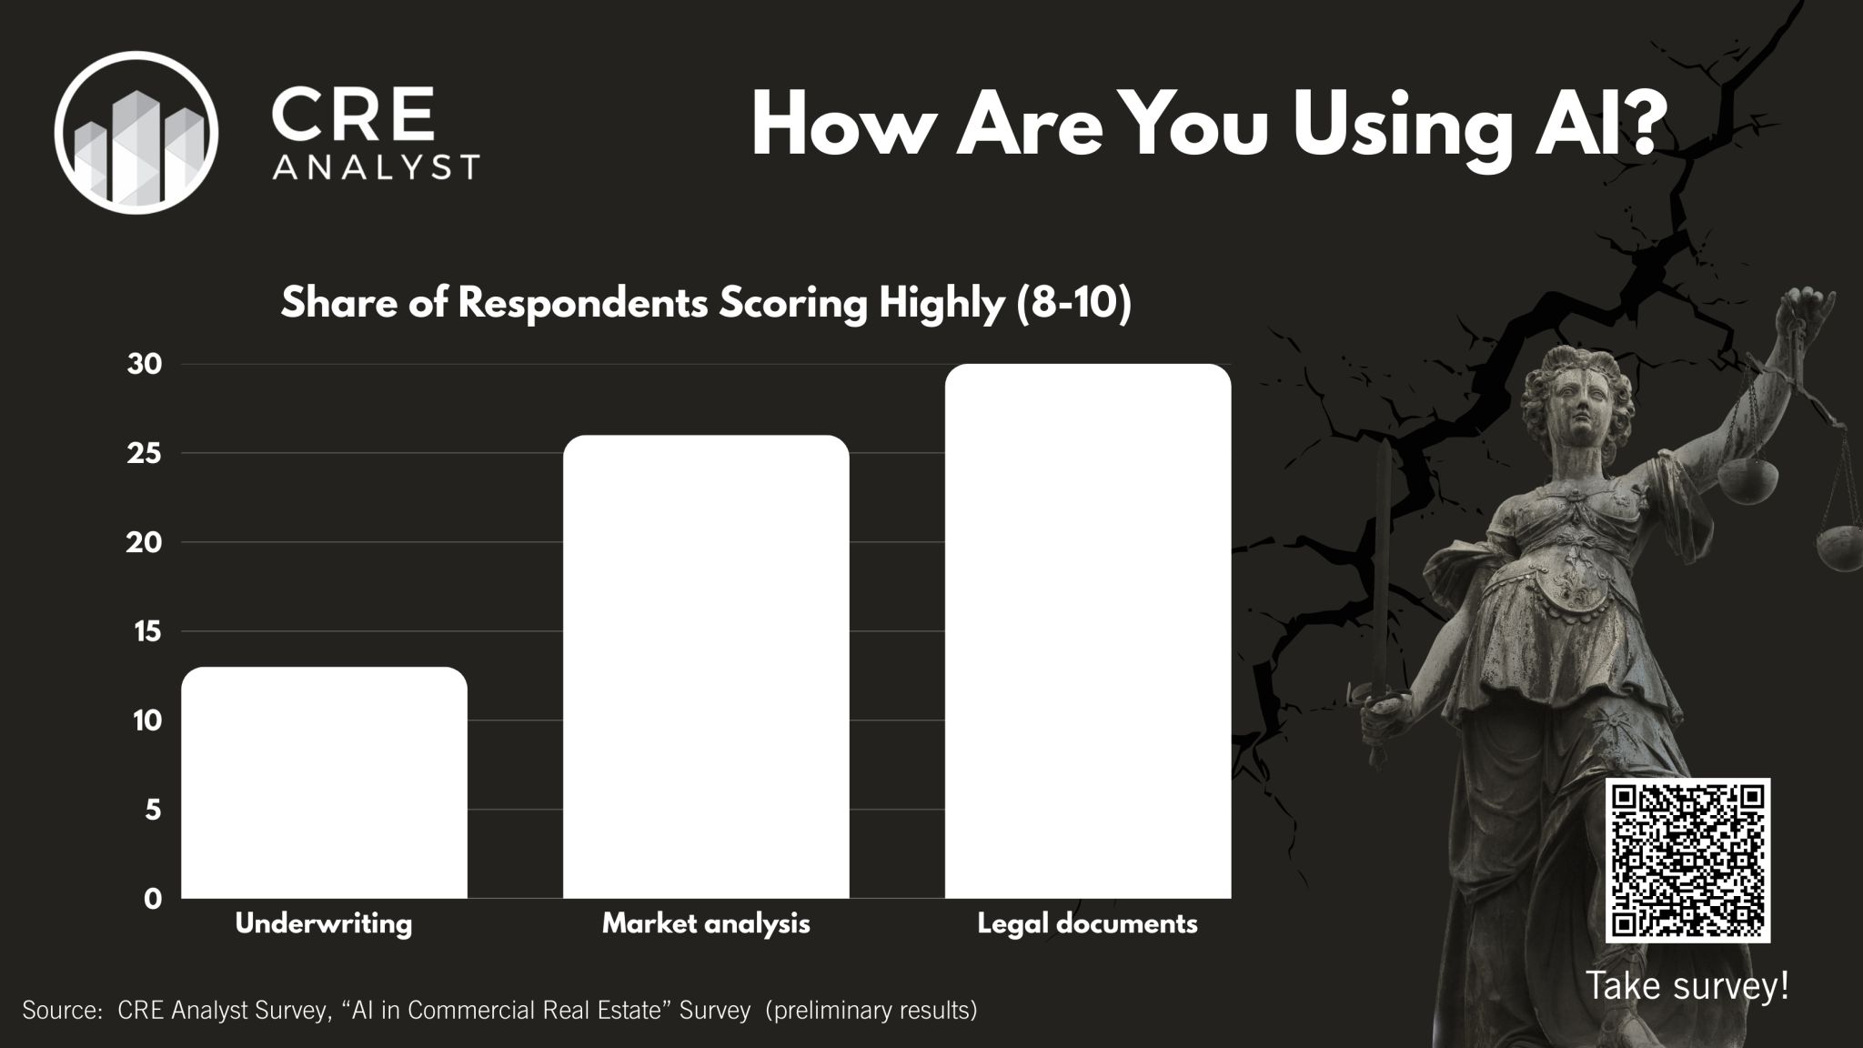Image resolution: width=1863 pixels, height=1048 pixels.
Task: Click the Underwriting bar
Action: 324,782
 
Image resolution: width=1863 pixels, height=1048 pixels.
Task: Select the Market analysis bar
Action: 706,667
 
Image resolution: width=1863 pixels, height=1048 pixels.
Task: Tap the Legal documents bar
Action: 1088,631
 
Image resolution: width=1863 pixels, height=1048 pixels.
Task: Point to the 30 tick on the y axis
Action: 145,365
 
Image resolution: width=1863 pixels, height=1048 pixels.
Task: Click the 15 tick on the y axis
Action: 146,631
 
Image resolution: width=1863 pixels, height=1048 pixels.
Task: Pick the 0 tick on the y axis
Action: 153,899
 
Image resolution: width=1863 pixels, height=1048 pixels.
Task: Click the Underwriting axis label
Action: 324,924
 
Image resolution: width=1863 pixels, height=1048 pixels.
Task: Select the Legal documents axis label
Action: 1088,924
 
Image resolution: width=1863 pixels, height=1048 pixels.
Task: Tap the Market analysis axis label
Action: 706,924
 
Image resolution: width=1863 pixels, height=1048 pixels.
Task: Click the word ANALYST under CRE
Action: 376,166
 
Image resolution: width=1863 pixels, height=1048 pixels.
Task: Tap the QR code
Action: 1687,860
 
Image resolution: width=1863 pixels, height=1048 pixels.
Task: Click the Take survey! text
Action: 1687,985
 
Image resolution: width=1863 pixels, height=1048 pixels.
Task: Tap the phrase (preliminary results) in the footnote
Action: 871,1011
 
